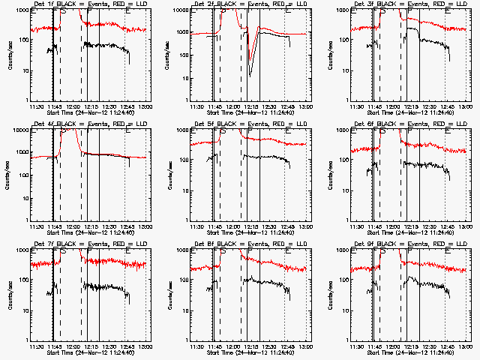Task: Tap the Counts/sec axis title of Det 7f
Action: (x=10, y=295)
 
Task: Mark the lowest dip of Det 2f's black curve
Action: (x=250, y=76)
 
